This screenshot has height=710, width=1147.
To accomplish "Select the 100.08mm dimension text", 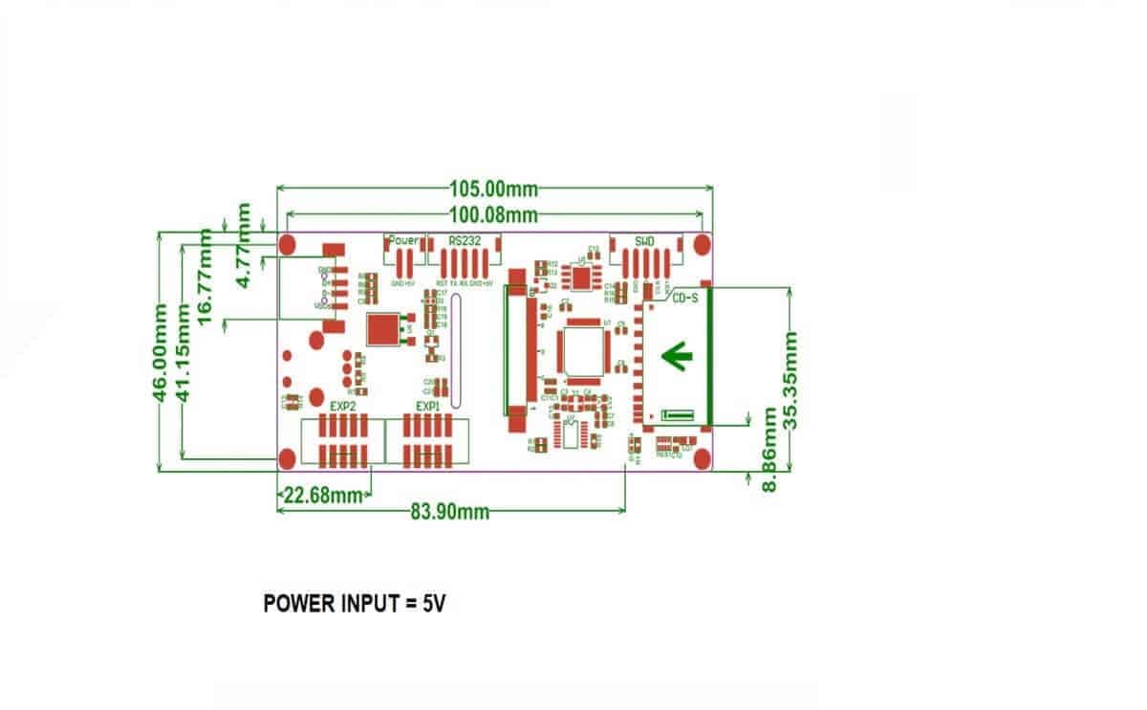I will pos(492,214).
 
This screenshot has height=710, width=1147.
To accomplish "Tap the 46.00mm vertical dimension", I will pos(163,351).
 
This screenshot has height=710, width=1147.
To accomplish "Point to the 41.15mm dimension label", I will pos(186,351).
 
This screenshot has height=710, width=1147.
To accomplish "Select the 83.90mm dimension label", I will pos(450,512).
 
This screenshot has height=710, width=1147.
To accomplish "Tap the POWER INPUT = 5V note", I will pos(355,605).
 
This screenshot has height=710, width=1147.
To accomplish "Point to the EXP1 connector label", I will pos(427,407).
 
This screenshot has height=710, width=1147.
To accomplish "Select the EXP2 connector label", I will pos(343,407).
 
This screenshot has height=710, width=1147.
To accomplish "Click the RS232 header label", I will pos(465,240).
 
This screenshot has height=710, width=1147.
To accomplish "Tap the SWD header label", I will pos(644,240).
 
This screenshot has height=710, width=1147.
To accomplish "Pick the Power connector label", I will pos(403,240).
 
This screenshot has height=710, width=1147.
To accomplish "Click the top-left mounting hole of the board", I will pos(289,245).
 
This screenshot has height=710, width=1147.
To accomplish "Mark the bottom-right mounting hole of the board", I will pos(702,459).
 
